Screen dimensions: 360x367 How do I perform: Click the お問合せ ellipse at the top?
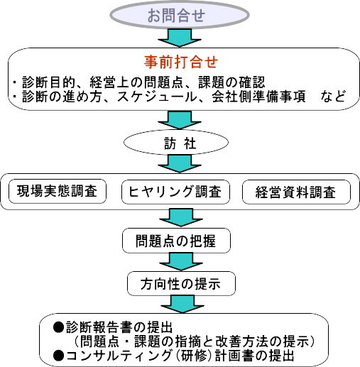(180, 15)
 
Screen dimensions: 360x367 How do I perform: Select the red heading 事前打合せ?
(181, 62)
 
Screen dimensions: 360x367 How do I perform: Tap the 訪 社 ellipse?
(176, 143)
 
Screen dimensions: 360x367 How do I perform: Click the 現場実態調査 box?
(58, 191)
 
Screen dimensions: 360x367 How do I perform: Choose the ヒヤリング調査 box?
(175, 192)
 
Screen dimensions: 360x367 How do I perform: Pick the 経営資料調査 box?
(296, 192)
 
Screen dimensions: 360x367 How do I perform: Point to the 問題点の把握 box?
(176, 241)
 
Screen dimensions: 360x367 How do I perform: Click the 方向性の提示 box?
(181, 283)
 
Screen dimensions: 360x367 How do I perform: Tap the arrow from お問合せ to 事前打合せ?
(180, 38)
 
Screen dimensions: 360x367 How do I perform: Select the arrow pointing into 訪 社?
(180, 120)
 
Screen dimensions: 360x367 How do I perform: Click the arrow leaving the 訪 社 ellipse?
(180, 164)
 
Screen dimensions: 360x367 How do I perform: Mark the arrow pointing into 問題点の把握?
(181, 217)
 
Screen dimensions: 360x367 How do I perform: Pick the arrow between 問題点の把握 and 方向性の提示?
(181, 261)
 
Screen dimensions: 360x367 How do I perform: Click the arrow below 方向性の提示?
(182, 304)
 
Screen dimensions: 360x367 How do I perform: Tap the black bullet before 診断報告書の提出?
(58, 327)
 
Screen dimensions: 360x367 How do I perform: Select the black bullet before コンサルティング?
(58, 356)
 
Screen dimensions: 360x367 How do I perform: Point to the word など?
(333, 97)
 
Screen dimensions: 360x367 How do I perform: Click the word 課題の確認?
(231, 82)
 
